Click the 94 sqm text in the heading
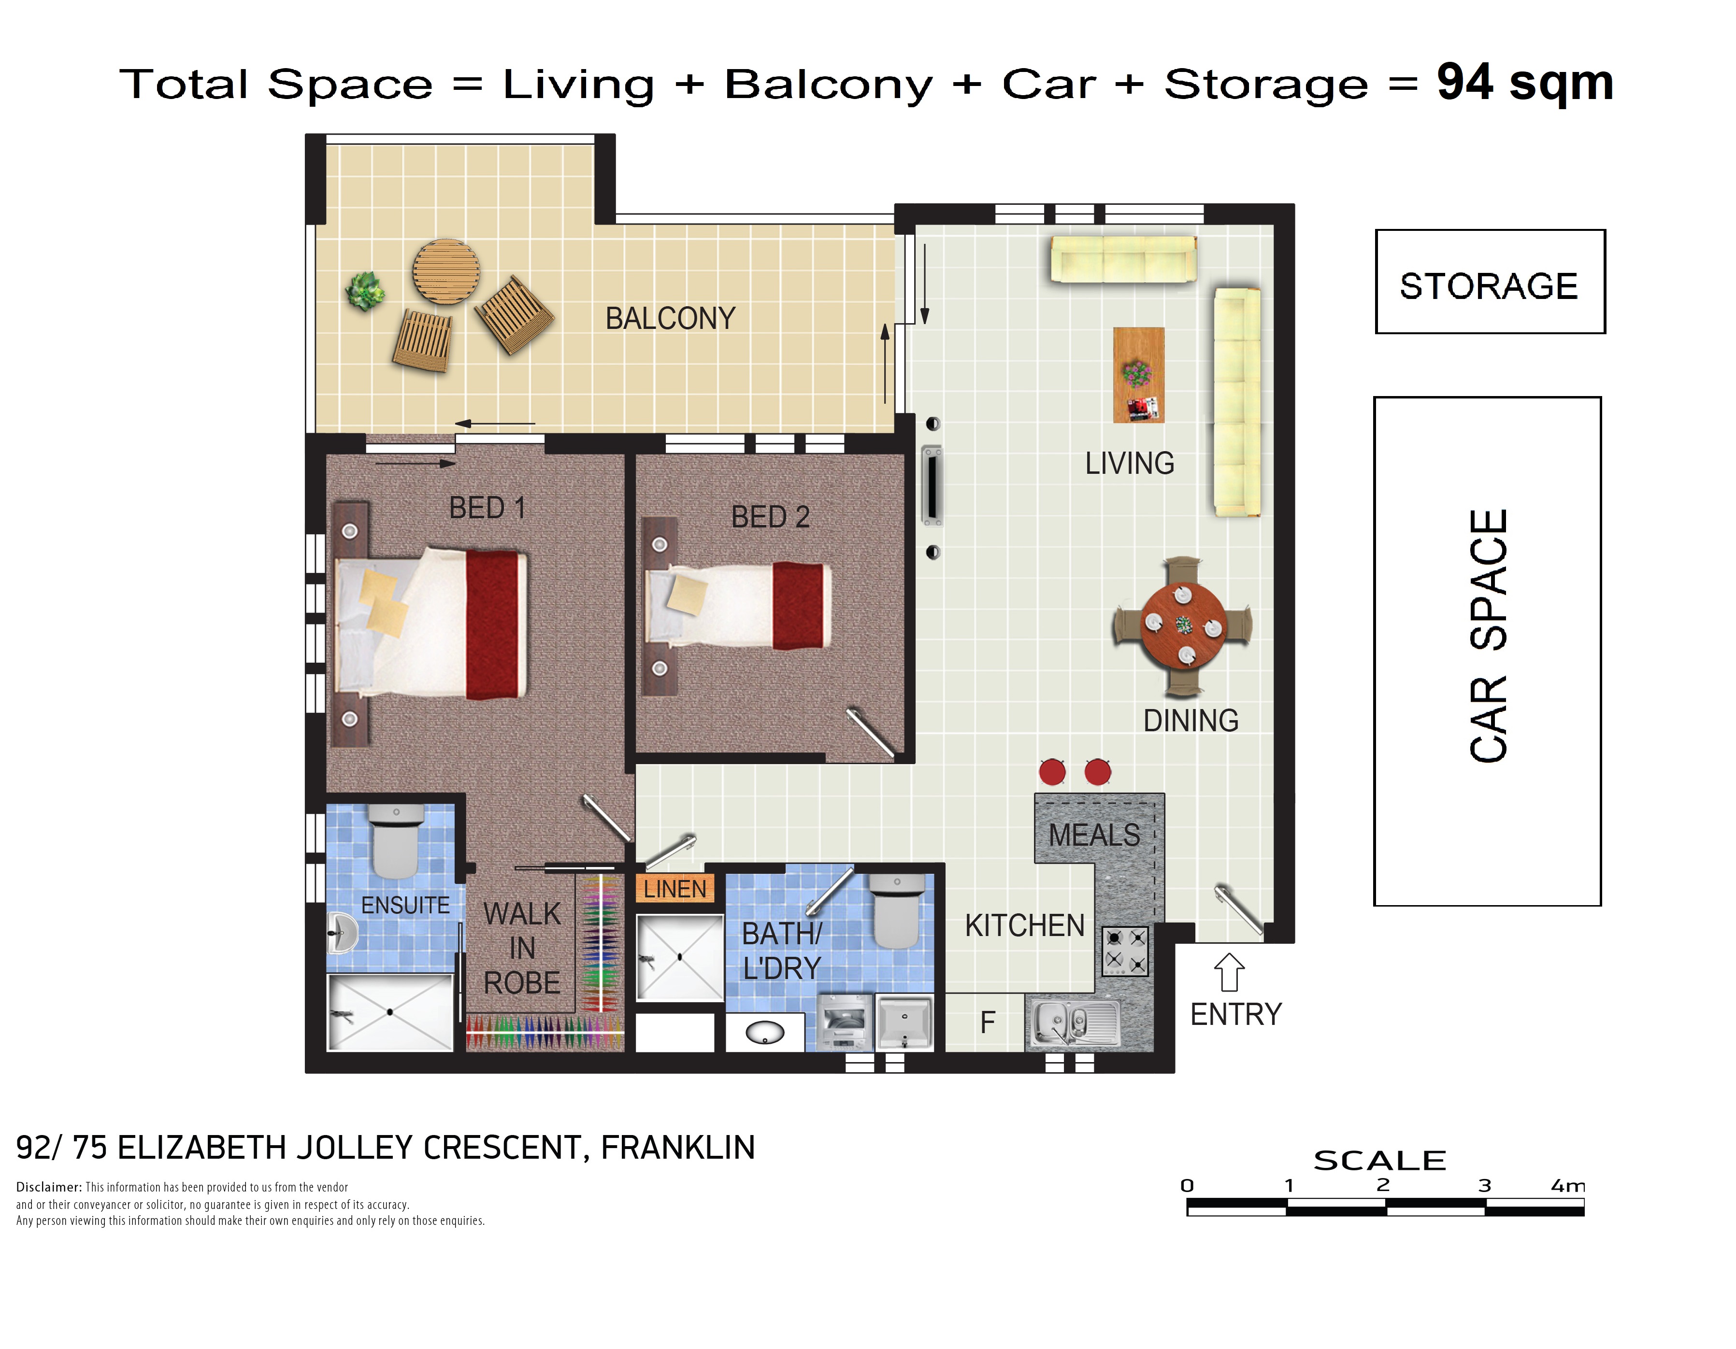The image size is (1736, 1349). [x=1524, y=83]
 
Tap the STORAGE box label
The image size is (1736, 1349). [x=1488, y=286]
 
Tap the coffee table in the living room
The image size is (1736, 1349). [x=1138, y=375]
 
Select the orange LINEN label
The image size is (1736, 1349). [x=675, y=888]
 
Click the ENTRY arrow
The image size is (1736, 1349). [x=1229, y=972]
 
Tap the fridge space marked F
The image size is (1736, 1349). [x=987, y=1022]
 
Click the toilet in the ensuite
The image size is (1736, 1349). [x=395, y=840]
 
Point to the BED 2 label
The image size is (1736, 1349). [x=770, y=517]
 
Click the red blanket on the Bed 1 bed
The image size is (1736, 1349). [x=493, y=625]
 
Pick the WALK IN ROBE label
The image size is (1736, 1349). [x=521, y=948]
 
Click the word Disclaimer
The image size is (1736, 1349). [x=48, y=1187]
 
